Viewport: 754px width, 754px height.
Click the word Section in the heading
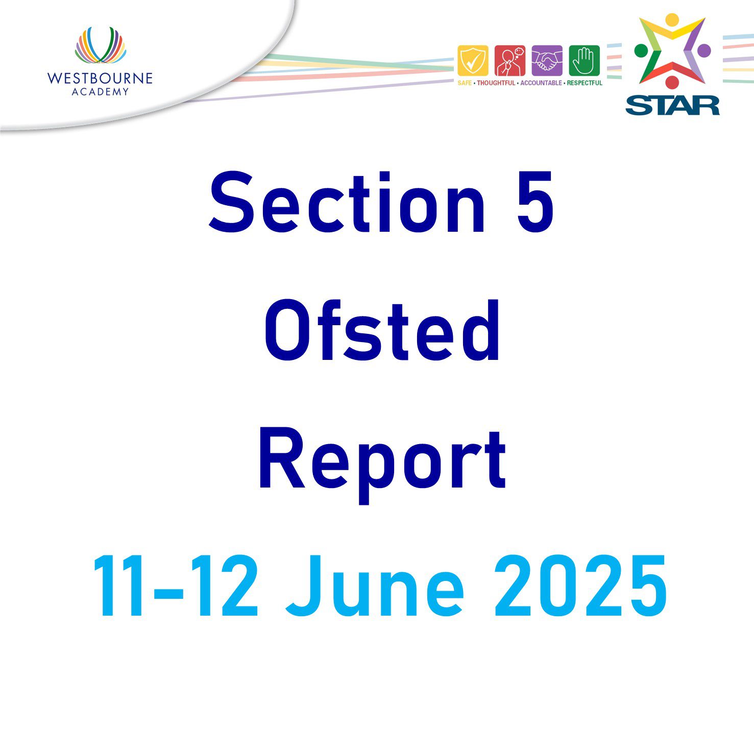[348, 203]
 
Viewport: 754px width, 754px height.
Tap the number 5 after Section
[536, 203]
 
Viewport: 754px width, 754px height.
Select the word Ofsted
[382, 330]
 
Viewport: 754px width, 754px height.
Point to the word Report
[382, 462]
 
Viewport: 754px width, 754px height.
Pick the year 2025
[580, 586]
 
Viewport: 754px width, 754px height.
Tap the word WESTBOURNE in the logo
[100, 78]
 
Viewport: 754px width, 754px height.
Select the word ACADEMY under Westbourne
[100, 92]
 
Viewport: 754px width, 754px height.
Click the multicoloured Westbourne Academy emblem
[101, 46]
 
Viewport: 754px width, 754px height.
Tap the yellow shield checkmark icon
[473, 61]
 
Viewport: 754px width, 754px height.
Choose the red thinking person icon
[510, 61]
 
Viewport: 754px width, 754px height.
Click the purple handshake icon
[547, 61]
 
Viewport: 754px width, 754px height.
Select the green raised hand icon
[585, 61]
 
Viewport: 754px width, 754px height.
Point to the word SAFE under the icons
[465, 83]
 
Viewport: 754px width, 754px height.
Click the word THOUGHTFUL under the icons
[496, 83]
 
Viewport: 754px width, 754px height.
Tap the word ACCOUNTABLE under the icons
[541, 83]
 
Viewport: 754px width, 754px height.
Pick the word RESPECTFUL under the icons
[585, 83]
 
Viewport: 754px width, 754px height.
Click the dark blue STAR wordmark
[673, 106]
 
